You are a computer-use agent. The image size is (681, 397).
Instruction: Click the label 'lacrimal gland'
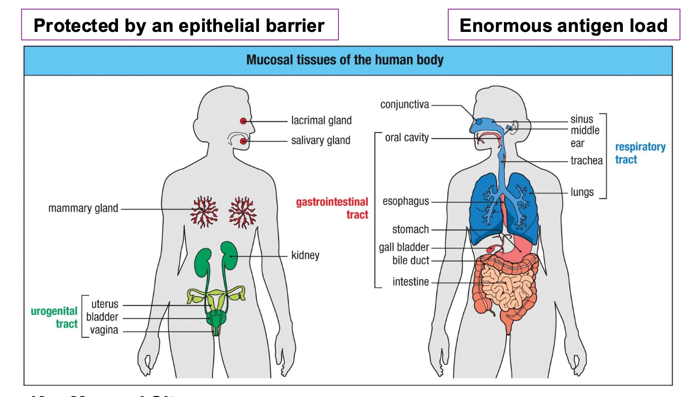tap(321, 121)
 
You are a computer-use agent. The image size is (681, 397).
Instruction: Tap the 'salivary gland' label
tap(320, 141)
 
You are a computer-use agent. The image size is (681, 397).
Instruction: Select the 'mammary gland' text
tap(83, 209)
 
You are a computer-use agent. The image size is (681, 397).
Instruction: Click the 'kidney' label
tap(305, 255)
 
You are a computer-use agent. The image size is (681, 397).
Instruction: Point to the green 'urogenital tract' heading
tap(54, 317)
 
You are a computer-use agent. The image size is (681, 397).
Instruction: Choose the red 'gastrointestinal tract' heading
tap(332, 208)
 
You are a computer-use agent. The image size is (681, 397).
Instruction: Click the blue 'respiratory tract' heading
tap(640, 153)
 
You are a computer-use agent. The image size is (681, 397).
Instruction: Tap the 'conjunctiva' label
tap(404, 105)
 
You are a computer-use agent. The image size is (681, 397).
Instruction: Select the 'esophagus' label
tap(406, 202)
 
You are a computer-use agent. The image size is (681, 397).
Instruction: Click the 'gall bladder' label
tap(404, 248)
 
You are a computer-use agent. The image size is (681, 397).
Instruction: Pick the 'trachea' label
tap(586, 161)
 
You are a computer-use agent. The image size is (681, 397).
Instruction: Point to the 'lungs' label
tap(582, 192)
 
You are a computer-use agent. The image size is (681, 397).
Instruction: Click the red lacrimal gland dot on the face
tap(243, 121)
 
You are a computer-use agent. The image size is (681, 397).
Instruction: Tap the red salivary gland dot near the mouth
tap(243, 141)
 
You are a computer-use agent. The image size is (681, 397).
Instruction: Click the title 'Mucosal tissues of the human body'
tap(345, 60)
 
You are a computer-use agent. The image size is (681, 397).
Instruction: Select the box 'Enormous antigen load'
tap(563, 25)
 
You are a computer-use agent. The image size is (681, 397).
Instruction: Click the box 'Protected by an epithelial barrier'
tap(179, 25)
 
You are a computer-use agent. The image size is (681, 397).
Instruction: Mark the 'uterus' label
tap(105, 304)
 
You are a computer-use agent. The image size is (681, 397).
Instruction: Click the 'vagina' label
tap(104, 331)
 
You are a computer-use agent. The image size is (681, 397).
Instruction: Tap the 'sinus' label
tap(581, 120)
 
